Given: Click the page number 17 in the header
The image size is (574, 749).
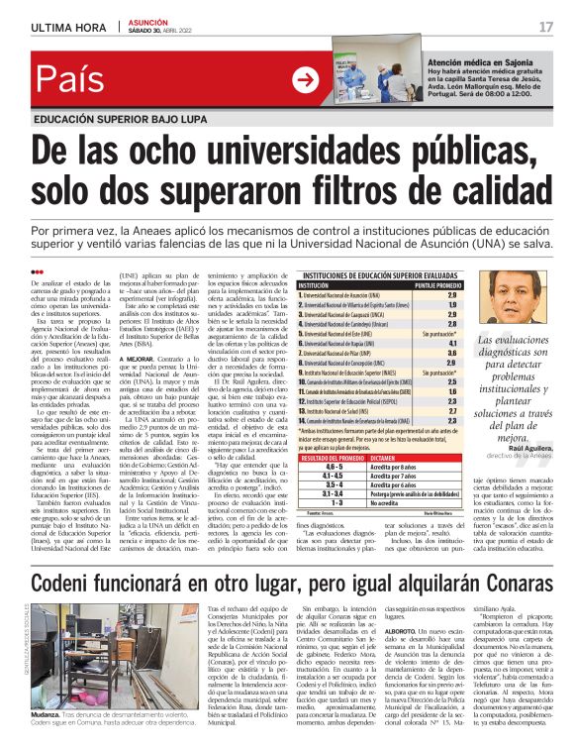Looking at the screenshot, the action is pos(545,27).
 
